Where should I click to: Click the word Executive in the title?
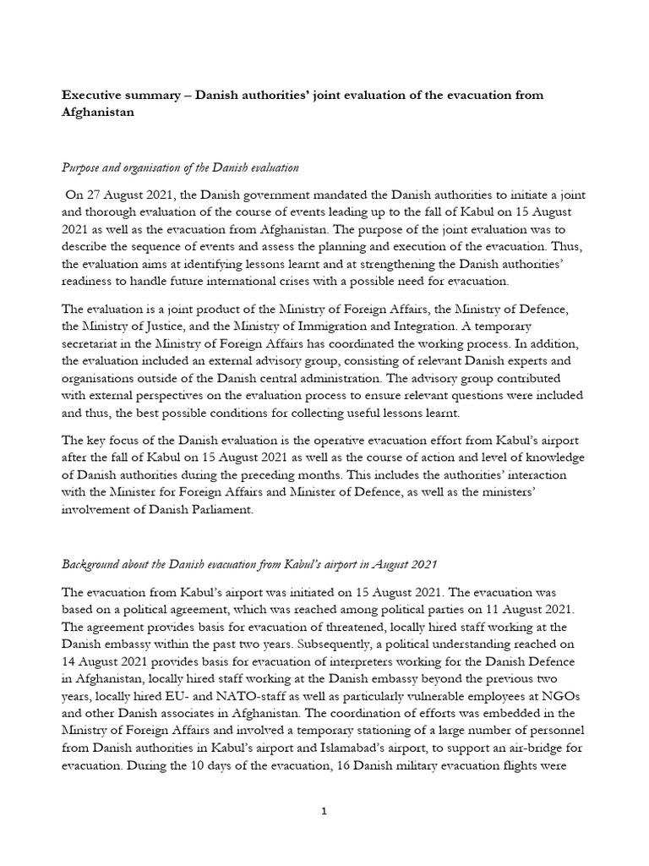pyautogui.click(x=93, y=96)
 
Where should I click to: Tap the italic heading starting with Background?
pyautogui.click(x=248, y=564)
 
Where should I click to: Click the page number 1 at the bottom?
pyautogui.click(x=324, y=811)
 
